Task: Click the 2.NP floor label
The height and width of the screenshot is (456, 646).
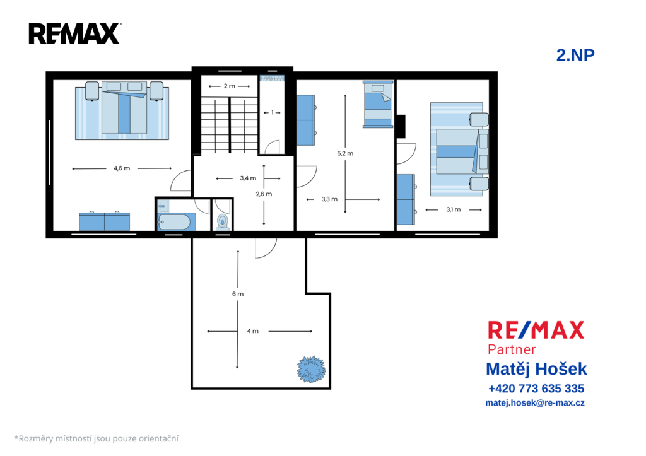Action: click(575, 56)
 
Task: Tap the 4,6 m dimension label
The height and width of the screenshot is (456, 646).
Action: click(122, 168)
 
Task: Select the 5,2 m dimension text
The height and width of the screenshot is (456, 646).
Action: click(345, 153)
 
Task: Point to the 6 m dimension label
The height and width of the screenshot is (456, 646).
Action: click(238, 294)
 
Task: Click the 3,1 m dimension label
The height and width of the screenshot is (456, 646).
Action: click(453, 209)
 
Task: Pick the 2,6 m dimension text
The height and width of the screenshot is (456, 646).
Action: click(264, 194)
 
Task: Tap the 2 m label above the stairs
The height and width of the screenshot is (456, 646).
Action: click(230, 86)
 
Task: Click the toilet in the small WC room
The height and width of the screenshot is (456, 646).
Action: click(223, 221)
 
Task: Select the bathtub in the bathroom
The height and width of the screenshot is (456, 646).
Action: click(174, 223)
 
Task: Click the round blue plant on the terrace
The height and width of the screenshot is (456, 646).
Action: click(311, 370)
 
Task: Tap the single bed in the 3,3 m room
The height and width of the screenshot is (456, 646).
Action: click(378, 104)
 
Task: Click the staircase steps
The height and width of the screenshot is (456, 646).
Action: click(230, 126)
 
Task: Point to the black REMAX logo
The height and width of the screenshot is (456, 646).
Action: click(75, 34)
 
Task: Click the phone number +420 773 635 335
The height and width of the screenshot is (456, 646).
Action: click(536, 389)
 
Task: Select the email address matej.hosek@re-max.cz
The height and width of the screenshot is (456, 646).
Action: click(535, 403)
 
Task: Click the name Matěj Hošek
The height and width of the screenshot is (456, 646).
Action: click(536, 369)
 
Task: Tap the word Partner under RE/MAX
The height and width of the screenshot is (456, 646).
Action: click(512, 349)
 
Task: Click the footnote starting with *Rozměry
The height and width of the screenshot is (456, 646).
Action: click(97, 439)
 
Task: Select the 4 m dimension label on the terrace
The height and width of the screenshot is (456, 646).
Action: click(252, 331)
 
